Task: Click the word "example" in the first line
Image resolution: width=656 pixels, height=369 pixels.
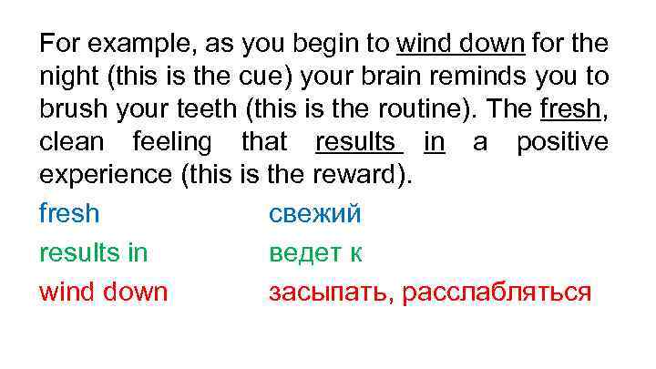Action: pyautogui.click(x=122, y=44)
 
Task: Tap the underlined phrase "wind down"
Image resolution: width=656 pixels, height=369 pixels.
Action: pyautogui.click(x=460, y=44)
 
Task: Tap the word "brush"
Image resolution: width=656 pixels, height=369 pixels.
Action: pyautogui.click(x=70, y=109)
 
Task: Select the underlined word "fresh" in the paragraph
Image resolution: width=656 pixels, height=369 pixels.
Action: pyautogui.click(x=571, y=109)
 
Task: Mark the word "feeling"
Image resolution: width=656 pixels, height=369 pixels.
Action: pyautogui.click(x=172, y=142)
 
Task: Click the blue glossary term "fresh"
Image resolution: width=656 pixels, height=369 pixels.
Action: pyautogui.click(x=69, y=213)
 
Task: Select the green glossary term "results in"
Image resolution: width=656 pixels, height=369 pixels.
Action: pyautogui.click(x=93, y=252)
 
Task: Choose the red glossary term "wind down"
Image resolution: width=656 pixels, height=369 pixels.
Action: pyautogui.click(x=103, y=292)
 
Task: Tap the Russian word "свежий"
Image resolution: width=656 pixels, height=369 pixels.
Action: pyautogui.click(x=314, y=213)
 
